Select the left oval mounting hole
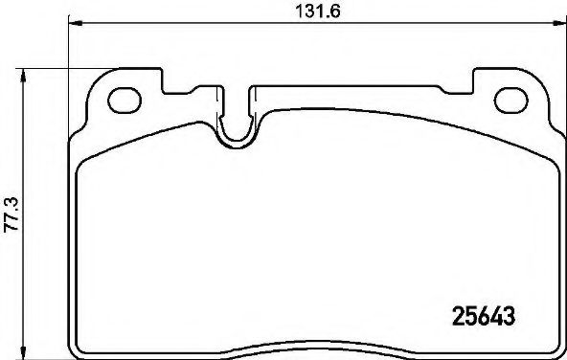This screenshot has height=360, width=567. click(x=125, y=98)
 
